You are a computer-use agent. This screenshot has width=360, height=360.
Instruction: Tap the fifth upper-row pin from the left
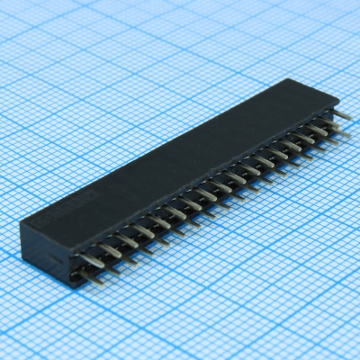(x=160, y=220)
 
